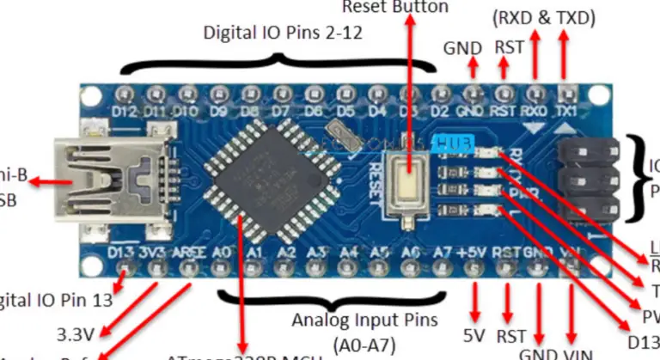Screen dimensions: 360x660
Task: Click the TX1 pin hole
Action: tap(566, 92)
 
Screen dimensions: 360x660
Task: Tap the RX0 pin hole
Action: tap(535, 92)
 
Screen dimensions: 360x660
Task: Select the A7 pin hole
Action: tap(442, 269)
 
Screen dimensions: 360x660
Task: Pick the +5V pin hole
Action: tap(474, 269)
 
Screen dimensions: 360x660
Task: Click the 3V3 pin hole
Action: tap(158, 269)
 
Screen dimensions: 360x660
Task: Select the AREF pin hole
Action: tap(190, 269)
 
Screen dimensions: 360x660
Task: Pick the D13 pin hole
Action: tap(126, 269)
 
